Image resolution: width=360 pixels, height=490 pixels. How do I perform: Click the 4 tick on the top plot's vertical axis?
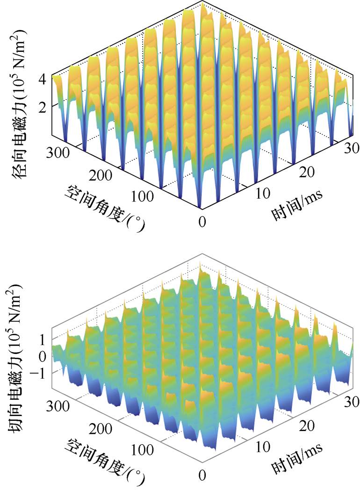pyautogui.click(x=42, y=79)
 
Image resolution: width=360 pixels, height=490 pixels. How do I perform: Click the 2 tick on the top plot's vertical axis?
pyautogui.click(x=42, y=107)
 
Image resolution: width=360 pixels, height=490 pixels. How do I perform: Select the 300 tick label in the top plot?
pyautogui.click(x=58, y=152)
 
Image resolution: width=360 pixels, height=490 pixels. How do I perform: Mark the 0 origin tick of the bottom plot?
pyautogui.click(x=202, y=475)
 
